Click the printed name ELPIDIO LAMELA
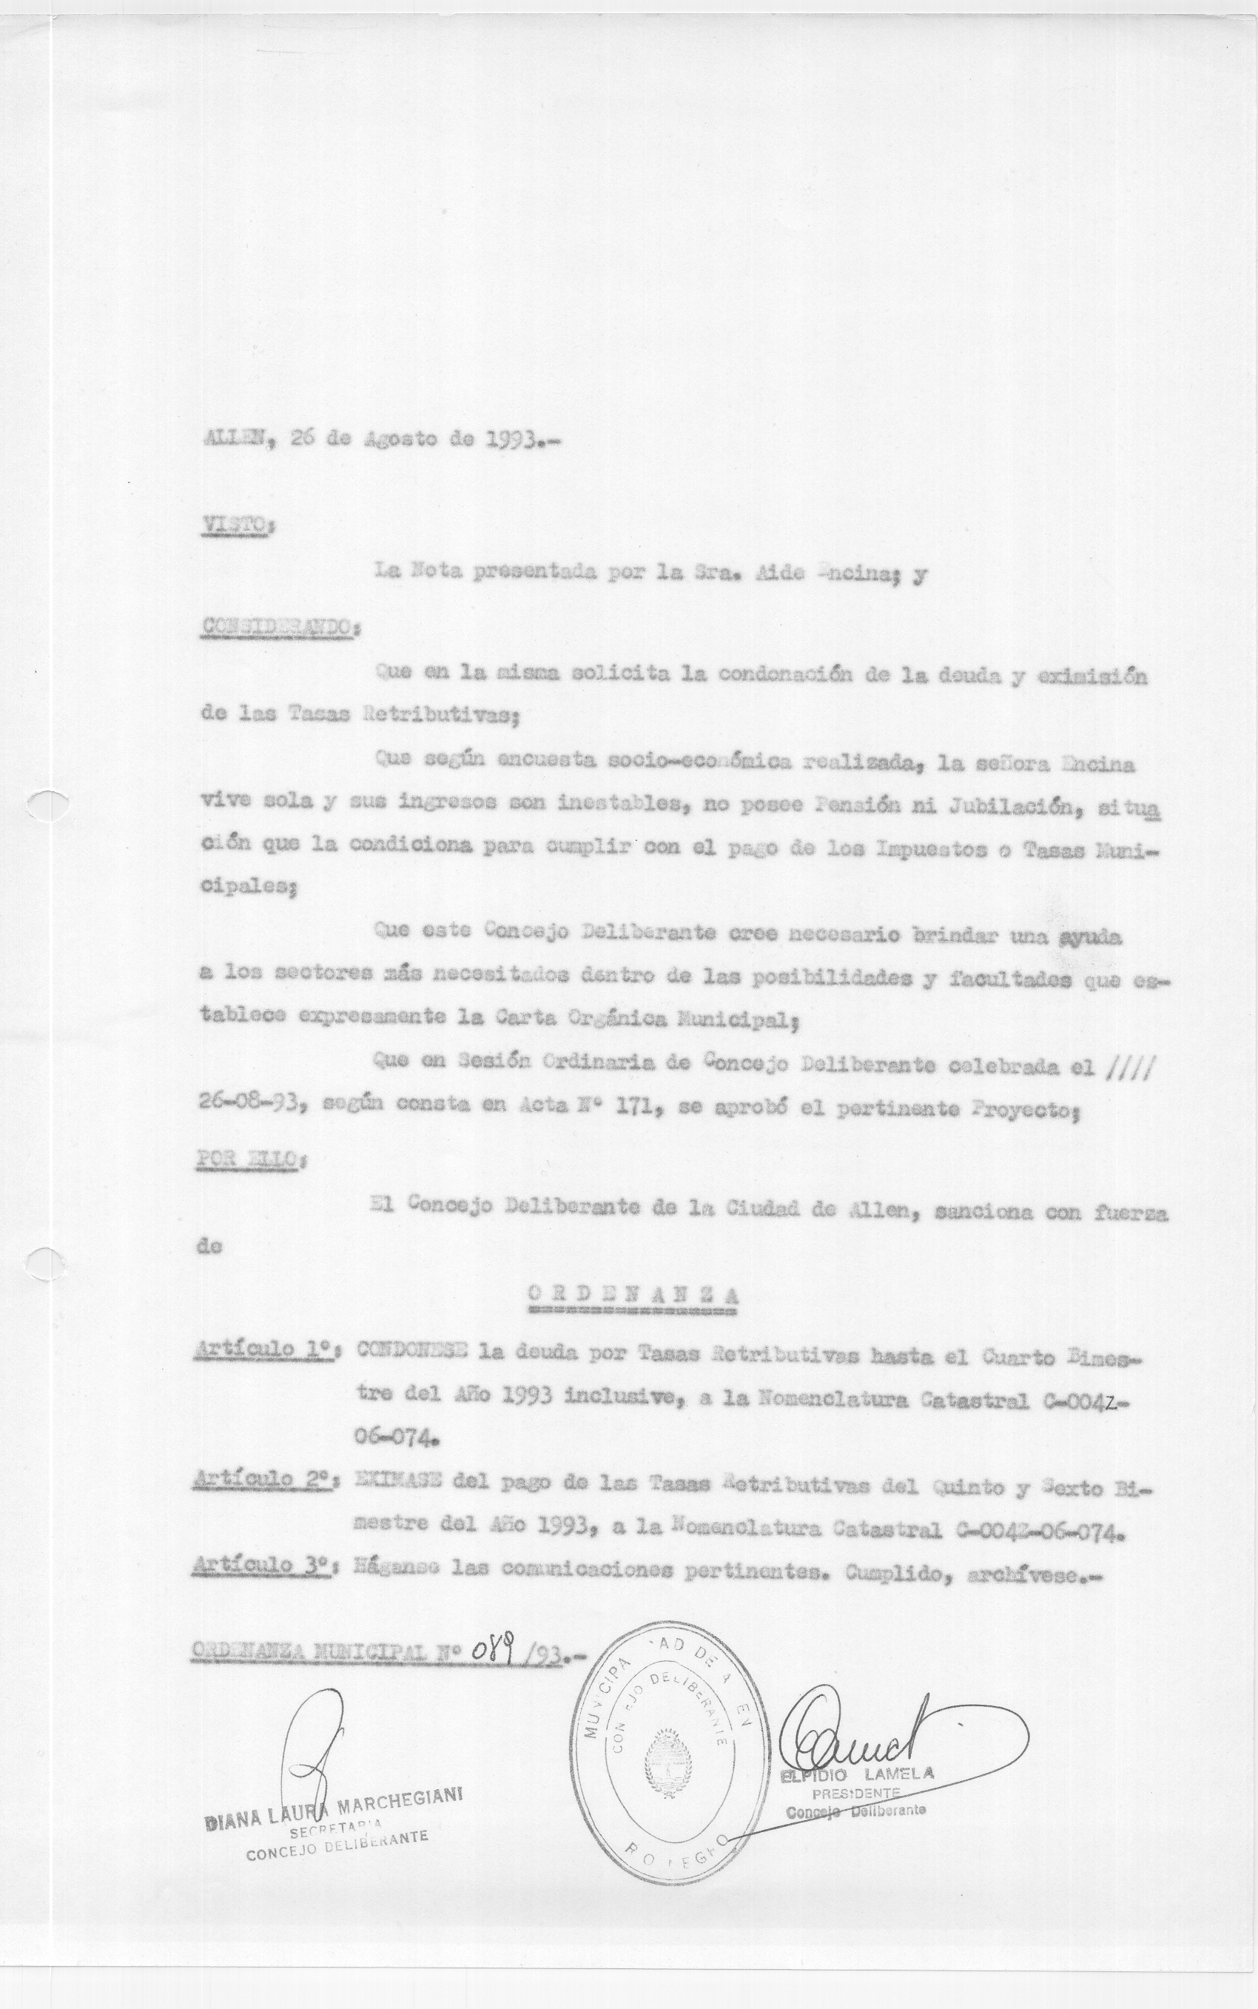click(x=857, y=1774)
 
